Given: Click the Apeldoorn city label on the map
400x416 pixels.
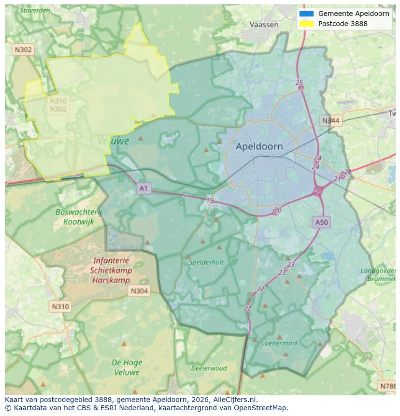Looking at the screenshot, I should pos(259,146).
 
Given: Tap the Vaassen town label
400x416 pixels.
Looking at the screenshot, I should pos(264,25).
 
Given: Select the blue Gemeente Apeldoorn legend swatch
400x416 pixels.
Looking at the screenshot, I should pos(306,14).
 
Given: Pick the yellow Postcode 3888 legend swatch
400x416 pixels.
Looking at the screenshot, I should pos(306,24).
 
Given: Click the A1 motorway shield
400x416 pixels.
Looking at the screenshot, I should pos(143,188).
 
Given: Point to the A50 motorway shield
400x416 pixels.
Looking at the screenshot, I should pos(321,222).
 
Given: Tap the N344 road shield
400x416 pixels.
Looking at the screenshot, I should pos(331,121).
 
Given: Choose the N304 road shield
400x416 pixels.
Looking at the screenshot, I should pos(139,291).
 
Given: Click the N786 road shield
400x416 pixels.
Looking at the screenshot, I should pos(388,386).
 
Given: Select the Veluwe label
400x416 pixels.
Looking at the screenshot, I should pos(114,141).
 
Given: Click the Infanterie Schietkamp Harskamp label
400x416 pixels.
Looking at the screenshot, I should pos(110,271).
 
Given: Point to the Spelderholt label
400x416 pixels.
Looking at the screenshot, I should pos(206,262).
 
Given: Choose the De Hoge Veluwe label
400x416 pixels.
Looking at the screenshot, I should pos(127,367).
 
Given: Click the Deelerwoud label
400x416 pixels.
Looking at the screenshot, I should pos(209,368).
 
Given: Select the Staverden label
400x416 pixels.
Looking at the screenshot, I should pos(35,9).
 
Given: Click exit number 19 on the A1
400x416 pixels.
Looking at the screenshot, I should pos(210,201).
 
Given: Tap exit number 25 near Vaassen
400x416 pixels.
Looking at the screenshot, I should pos(299,83).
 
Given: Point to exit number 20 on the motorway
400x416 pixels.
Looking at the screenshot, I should pos(277,210).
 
